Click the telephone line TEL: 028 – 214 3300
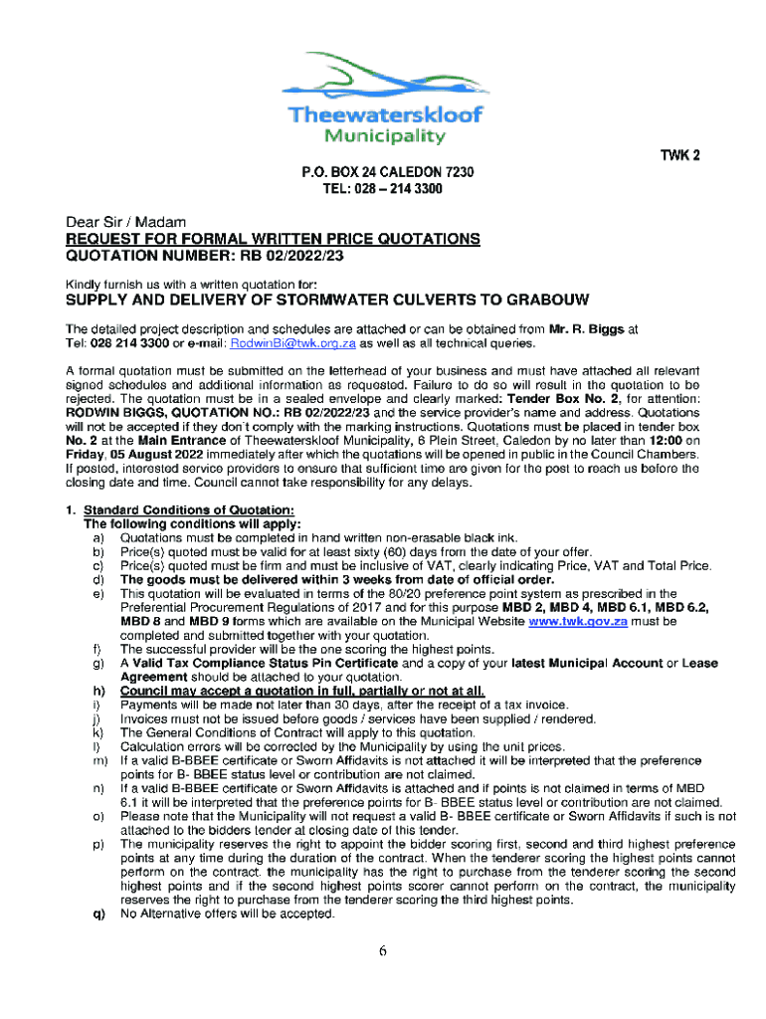click(383, 188)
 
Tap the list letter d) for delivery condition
click(98, 580)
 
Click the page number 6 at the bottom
click(382, 950)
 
